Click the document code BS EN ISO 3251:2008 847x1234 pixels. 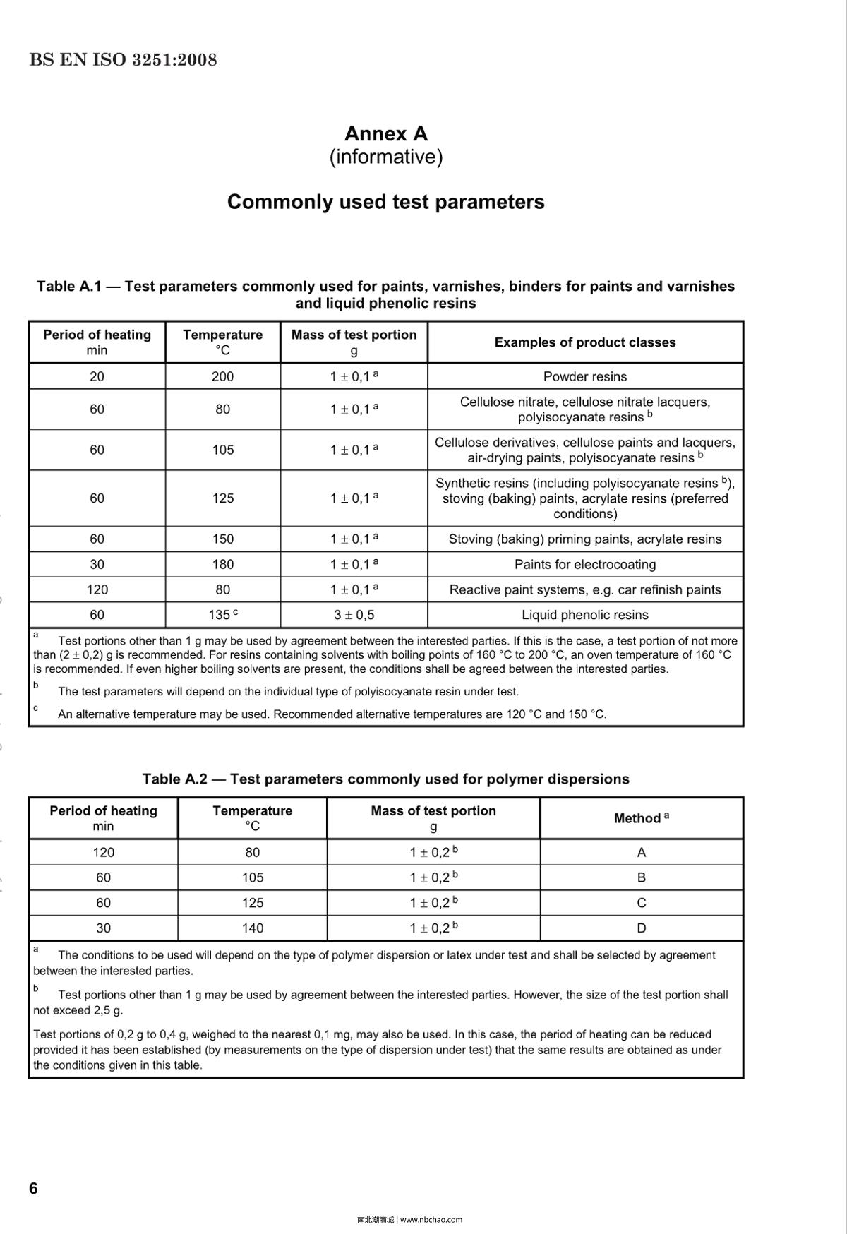pos(123,60)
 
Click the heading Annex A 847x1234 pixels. pos(385,133)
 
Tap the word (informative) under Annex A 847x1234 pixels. pos(385,157)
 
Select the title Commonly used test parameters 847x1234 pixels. pos(385,202)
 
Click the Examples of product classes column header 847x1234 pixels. pos(584,342)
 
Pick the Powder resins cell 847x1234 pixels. pos(584,376)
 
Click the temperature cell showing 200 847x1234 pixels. pos(222,376)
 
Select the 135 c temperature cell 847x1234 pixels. pos(222,615)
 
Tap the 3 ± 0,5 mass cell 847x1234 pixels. pos(354,615)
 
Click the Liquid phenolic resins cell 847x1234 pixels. pos(584,615)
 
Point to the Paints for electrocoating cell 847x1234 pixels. pos(584,564)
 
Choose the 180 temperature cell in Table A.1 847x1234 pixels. pos(222,564)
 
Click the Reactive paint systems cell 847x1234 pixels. pos(584,589)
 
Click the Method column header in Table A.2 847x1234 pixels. pos(641,818)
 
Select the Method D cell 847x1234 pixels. pos(641,928)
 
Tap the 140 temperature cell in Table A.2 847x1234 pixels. pos(252,928)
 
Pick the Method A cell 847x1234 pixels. pos(641,852)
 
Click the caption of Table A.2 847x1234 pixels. pos(385,779)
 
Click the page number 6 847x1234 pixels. pos(33,1188)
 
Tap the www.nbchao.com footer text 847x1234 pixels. pos(431,1219)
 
